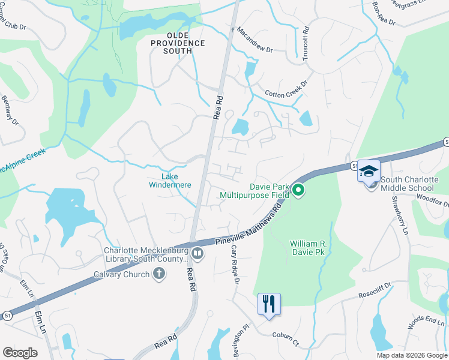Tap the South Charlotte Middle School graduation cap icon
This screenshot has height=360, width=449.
[369, 172]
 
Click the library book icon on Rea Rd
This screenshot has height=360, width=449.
[196, 254]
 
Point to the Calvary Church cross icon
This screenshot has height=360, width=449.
[159, 274]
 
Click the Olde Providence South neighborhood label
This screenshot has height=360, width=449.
[178, 43]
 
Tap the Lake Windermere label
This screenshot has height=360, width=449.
[170, 181]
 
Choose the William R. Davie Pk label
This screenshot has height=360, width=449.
[316, 248]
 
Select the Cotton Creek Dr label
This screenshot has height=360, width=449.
[286, 89]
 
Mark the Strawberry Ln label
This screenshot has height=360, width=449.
[399, 214]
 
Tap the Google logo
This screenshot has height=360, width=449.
[20, 352]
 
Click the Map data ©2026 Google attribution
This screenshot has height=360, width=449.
[412, 355]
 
